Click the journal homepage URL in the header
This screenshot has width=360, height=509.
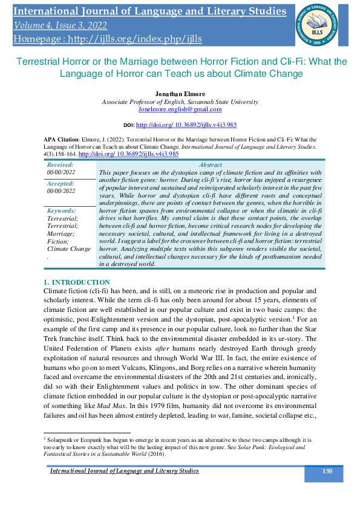[x=106, y=39]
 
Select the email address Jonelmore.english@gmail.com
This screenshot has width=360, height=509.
[x=179, y=109]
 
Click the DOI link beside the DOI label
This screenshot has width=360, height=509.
[x=186, y=125]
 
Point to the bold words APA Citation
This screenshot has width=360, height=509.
[x=62, y=138]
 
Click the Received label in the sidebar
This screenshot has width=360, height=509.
[x=60, y=164]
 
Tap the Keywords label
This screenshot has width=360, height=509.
[x=62, y=210]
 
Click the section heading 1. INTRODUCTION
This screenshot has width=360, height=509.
[x=77, y=283]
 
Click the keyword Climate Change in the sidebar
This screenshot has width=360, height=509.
[x=69, y=248]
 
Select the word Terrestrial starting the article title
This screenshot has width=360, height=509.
[x=38, y=62]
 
